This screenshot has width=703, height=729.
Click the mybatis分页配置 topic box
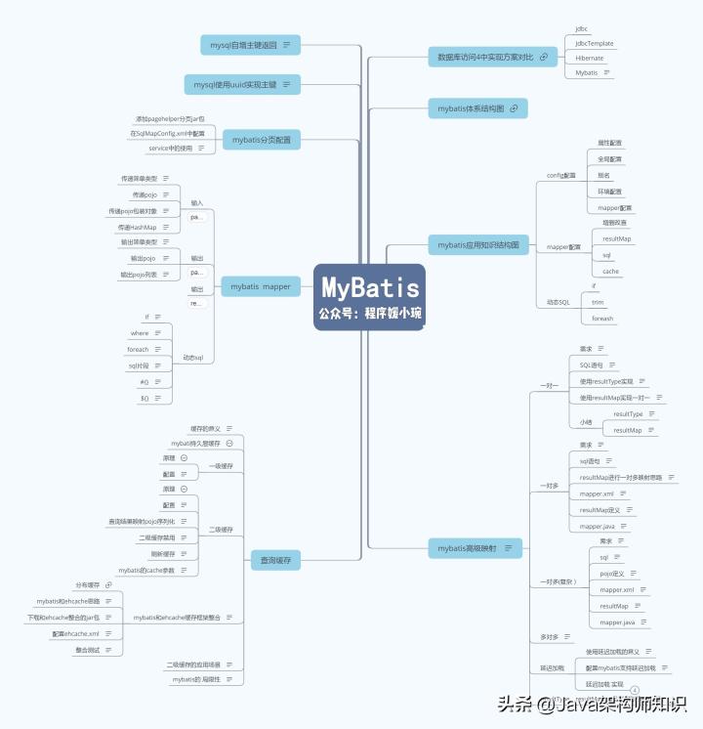260,141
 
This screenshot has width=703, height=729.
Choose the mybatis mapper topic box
260,286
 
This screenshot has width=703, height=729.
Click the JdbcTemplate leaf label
594,44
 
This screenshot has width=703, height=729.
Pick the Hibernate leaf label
589,59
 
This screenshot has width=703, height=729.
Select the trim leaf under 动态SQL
598,302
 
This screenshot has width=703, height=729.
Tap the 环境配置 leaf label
609,192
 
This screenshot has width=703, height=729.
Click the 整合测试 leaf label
89,650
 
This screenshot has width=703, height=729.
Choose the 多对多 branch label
550,637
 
